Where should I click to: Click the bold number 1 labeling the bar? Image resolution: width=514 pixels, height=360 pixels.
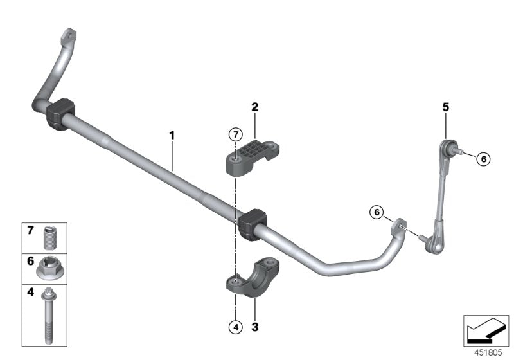click(x=172, y=136)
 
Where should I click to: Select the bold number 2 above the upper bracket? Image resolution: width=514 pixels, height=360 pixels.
click(x=254, y=107)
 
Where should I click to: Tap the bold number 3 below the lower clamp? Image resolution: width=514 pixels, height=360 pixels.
click(x=254, y=327)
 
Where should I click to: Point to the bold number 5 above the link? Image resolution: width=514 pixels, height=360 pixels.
click(x=445, y=107)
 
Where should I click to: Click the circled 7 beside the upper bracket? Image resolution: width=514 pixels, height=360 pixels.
click(x=236, y=134)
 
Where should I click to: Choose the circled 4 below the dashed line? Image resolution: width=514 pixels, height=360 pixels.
click(x=235, y=327)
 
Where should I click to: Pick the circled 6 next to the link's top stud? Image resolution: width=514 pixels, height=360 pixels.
click(x=483, y=159)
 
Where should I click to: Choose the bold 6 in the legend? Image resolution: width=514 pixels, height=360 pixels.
click(x=30, y=262)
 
